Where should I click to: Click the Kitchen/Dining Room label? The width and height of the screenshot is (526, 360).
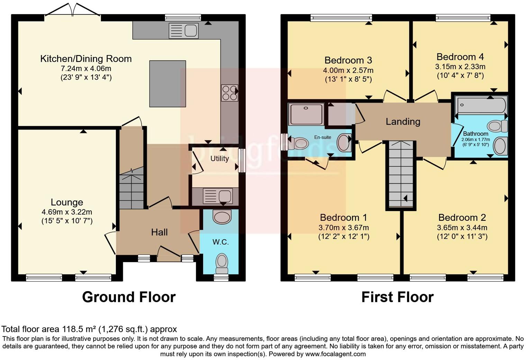point(86,59)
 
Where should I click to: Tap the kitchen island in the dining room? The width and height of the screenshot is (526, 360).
point(167,84)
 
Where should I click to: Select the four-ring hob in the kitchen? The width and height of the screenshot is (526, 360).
point(229,93)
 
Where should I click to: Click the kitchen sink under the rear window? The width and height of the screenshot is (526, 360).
point(183,30)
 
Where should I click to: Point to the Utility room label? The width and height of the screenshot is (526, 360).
point(219,159)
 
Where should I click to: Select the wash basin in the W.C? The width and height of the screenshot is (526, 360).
point(222,217)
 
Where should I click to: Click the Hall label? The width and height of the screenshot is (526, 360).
point(159,232)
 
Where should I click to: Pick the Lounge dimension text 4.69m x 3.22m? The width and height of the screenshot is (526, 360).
point(67,212)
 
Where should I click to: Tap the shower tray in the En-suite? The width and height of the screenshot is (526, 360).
point(306,114)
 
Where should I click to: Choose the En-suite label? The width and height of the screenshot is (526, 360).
point(323,137)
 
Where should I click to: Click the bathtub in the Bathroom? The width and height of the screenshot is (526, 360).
point(481,105)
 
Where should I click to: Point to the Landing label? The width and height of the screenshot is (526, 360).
point(403,121)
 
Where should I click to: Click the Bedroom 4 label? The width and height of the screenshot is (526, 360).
point(460,57)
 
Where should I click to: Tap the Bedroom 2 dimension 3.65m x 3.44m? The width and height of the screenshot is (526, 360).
point(462,228)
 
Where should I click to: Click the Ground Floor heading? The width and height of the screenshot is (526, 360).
point(129,297)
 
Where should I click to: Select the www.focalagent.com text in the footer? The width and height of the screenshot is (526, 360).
point(335,354)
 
